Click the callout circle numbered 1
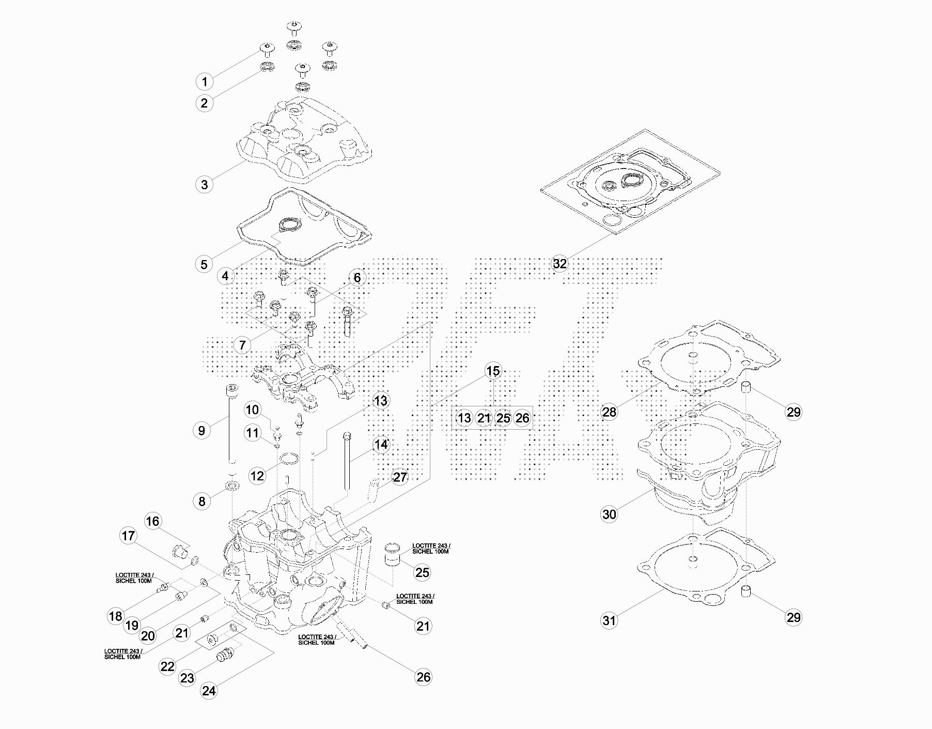[205, 81]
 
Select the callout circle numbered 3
[205, 184]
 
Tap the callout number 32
[560, 264]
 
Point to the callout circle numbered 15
[493, 371]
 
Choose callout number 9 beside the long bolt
[201, 431]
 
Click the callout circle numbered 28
[610, 412]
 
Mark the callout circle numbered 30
[610, 514]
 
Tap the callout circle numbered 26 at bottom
[423, 677]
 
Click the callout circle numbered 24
[209, 691]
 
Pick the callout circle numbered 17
[128, 536]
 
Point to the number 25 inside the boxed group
[503, 418]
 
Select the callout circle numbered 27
[400, 477]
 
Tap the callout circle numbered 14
[381, 444]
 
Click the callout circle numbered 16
[152, 521]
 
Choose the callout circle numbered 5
[204, 264]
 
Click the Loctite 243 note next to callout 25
[431, 549]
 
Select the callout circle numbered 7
[242, 344]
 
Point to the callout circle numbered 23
[187, 677]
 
